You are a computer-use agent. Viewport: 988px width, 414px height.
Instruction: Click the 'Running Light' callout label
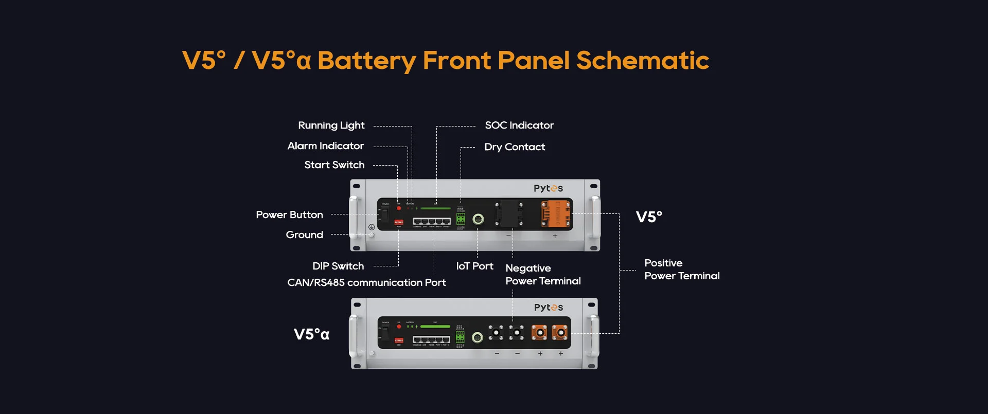point(331,125)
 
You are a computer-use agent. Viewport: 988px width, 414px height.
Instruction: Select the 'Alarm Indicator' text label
point(325,146)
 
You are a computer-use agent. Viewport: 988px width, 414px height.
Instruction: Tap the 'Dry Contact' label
point(514,147)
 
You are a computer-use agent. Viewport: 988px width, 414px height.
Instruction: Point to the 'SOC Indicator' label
point(519,125)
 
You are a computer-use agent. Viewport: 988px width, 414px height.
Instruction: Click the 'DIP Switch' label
point(338,266)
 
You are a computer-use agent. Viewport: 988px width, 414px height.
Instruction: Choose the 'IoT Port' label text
point(474,266)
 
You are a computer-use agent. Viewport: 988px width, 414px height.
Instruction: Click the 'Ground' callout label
point(304,235)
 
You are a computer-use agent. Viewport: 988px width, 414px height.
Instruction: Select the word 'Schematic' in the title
point(642,61)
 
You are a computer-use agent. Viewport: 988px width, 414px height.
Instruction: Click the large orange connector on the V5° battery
point(555,214)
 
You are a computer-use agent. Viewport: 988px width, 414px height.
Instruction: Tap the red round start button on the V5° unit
point(399,208)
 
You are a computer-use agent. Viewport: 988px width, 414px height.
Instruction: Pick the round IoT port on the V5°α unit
point(478,338)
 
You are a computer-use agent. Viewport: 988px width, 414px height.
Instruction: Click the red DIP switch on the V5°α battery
point(399,340)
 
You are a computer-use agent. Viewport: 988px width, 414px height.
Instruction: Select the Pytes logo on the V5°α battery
point(548,308)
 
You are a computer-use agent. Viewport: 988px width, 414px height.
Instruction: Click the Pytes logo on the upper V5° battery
point(548,188)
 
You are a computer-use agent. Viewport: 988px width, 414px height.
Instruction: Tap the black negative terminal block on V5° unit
point(509,214)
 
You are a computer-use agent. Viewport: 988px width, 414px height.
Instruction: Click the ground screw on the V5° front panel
point(371,235)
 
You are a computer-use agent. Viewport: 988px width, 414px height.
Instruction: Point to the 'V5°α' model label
point(311,334)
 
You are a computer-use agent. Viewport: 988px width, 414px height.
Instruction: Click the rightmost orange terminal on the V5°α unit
point(560,333)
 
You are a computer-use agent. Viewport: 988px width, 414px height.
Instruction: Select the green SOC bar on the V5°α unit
point(435,327)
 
